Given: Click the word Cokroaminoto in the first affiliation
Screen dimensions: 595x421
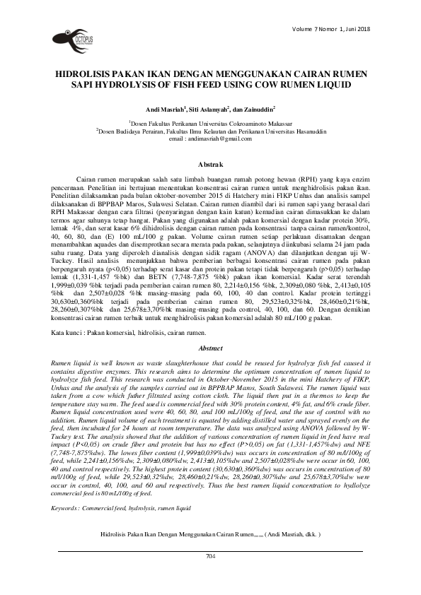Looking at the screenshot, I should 247,123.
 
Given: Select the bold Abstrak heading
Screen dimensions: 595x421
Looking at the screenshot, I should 210,164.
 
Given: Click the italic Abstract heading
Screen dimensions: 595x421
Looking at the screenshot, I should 210,348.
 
